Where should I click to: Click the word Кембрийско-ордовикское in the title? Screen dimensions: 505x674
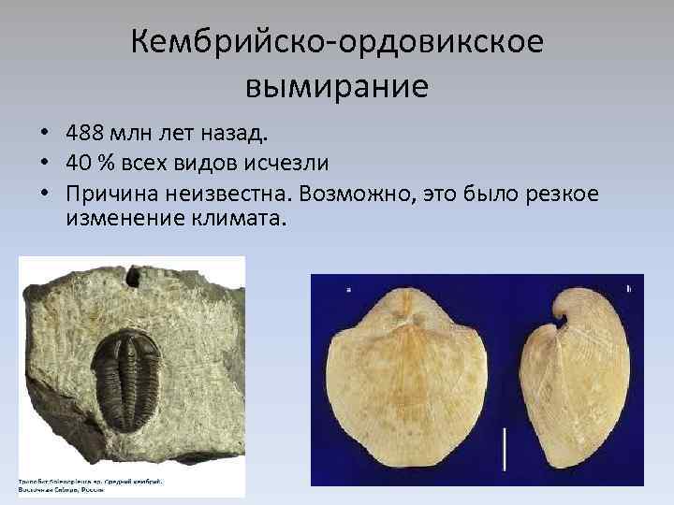(336, 42)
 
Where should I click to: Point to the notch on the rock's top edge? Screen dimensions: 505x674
(139, 274)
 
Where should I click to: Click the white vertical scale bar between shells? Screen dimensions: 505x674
(505, 449)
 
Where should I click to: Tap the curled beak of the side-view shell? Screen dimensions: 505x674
(566, 313)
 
